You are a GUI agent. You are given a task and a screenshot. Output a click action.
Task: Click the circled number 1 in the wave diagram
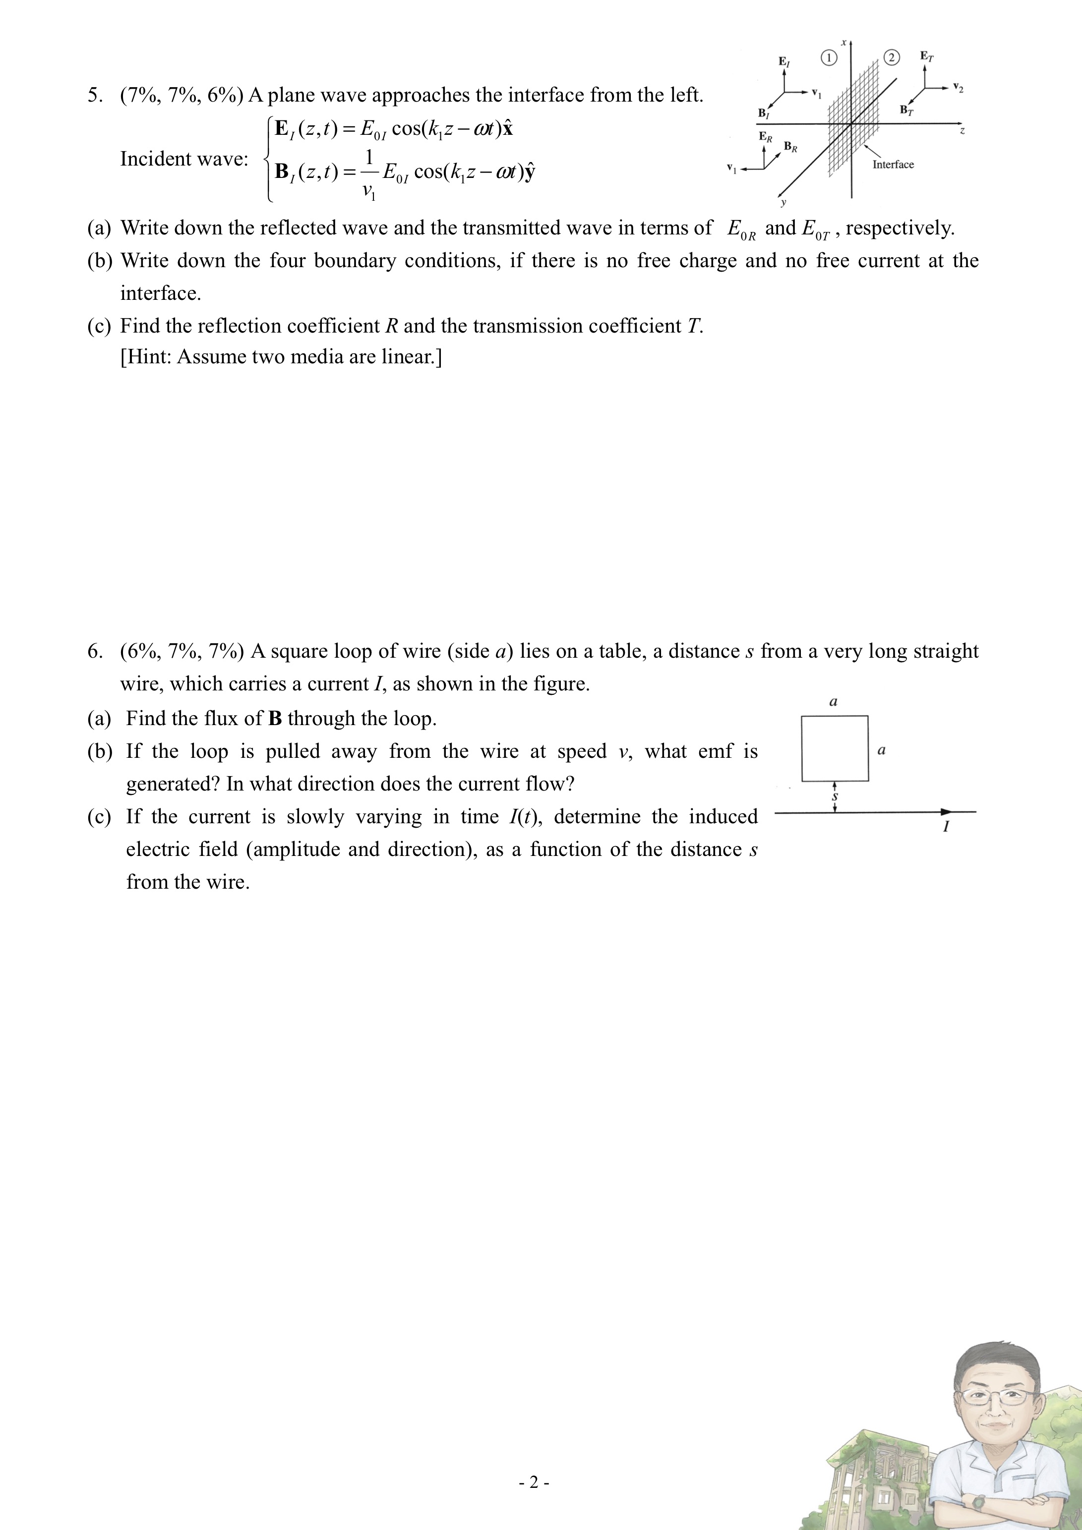828,58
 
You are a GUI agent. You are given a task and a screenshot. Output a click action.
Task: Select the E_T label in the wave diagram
927,57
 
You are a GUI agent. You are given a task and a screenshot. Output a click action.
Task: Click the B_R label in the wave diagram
790,147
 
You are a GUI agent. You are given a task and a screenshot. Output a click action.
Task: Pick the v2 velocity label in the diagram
958,87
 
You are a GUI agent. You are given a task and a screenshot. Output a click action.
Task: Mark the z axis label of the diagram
962,132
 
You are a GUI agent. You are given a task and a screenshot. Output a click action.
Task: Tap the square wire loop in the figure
835,748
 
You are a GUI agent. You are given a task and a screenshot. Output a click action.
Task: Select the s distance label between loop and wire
835,796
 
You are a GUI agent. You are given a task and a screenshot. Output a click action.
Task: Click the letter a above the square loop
834,702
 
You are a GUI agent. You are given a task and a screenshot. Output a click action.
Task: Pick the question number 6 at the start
95,651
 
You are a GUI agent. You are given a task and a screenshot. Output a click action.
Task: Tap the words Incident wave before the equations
183,159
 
